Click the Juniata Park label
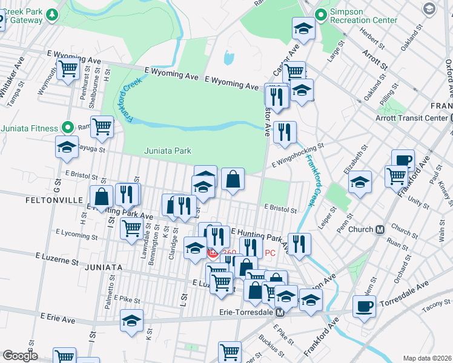pos(168,151)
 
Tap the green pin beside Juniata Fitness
pos(68,128)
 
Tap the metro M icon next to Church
pos(381,230)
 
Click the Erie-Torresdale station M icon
pos(280,313)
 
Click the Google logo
pos(20,356)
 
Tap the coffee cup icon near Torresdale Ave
pos(364,306)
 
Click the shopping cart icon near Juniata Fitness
pos(102,126)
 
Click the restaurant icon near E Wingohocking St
pos(284,131)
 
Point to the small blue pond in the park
pos(229,58)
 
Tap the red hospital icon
pos(213,253)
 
